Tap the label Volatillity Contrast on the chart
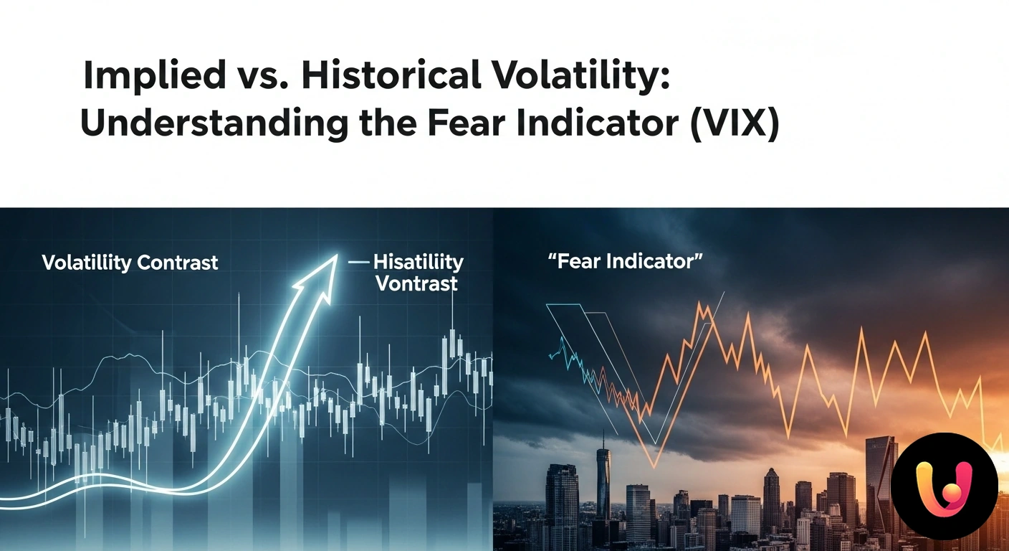[x=130, y=263]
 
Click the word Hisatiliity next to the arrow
[x=418, y=263]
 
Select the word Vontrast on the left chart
[x=416, y=283]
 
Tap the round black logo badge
[x=944, y=486]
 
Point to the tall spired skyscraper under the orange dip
[x=603, y=481]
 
